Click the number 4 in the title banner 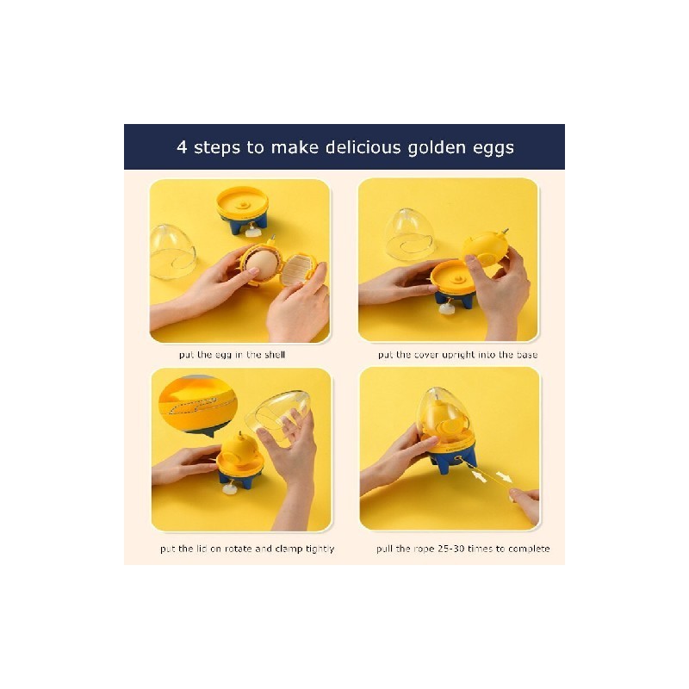point(182,146)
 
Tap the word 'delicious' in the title point(363,146)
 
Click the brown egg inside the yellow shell point(263,264)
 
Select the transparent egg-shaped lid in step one point(172,252)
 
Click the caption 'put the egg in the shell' point(232,355)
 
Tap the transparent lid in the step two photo point(411,234)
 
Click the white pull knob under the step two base point(446,309)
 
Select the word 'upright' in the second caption point(460,355)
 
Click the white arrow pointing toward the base point(478,475)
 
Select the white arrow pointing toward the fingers point(504,477)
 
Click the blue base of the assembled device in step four point(452,458)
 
